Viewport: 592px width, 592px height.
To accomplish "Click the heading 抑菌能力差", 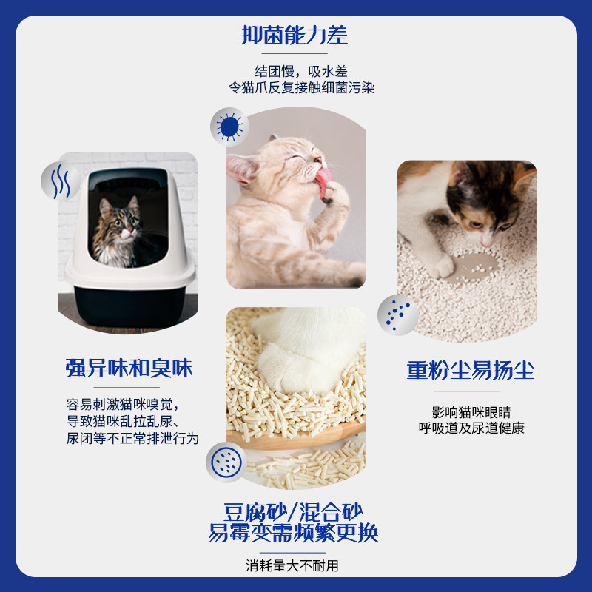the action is click(295, 35).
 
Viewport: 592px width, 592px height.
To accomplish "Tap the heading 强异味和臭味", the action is click(129, 368).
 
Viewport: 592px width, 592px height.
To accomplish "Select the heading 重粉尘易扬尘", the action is click(471, 370).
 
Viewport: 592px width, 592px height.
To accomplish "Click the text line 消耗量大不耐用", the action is click(292, 565).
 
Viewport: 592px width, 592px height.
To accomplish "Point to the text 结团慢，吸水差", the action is click(301, 71).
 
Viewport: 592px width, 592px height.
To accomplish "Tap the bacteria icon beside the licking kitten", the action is click(229, 127).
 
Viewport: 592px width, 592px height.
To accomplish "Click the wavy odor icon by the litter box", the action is click(61, 181).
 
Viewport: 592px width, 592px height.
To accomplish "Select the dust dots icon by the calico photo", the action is click(398, 315).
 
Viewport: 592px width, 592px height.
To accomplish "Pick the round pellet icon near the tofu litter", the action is click(226, 462).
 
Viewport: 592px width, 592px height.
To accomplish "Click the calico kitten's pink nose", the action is click(487, 242).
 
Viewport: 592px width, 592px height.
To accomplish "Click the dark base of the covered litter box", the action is click(129, 306).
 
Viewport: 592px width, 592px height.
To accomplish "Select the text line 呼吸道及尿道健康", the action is click(471, 428).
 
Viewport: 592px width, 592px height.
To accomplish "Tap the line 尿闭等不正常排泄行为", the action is click(132, 438).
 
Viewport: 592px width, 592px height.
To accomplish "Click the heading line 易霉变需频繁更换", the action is click(293, 533).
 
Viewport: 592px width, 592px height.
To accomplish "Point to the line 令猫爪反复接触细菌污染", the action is click(301, 87).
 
